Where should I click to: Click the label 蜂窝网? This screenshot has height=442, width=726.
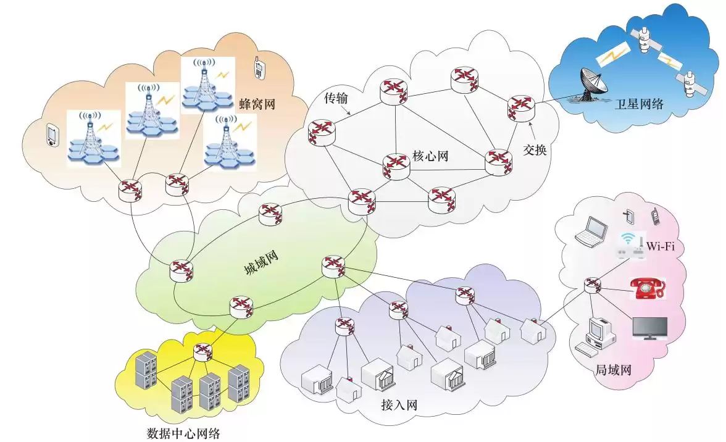pos(256,104)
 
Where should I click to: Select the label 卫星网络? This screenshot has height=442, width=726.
pos(638,104)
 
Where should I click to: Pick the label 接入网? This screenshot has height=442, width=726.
pos(399,406)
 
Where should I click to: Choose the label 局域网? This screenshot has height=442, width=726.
pos(612,370)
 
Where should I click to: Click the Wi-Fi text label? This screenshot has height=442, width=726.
pos(661,247)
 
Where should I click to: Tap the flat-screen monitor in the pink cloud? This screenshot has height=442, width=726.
pos(649,329)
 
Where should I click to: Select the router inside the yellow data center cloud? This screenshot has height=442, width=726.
pos(202,352)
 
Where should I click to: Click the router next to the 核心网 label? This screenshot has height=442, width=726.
pos(396,165)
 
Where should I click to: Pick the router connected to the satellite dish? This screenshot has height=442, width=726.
pos(520,107)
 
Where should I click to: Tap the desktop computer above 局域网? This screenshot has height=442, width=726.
pos(596,337)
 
